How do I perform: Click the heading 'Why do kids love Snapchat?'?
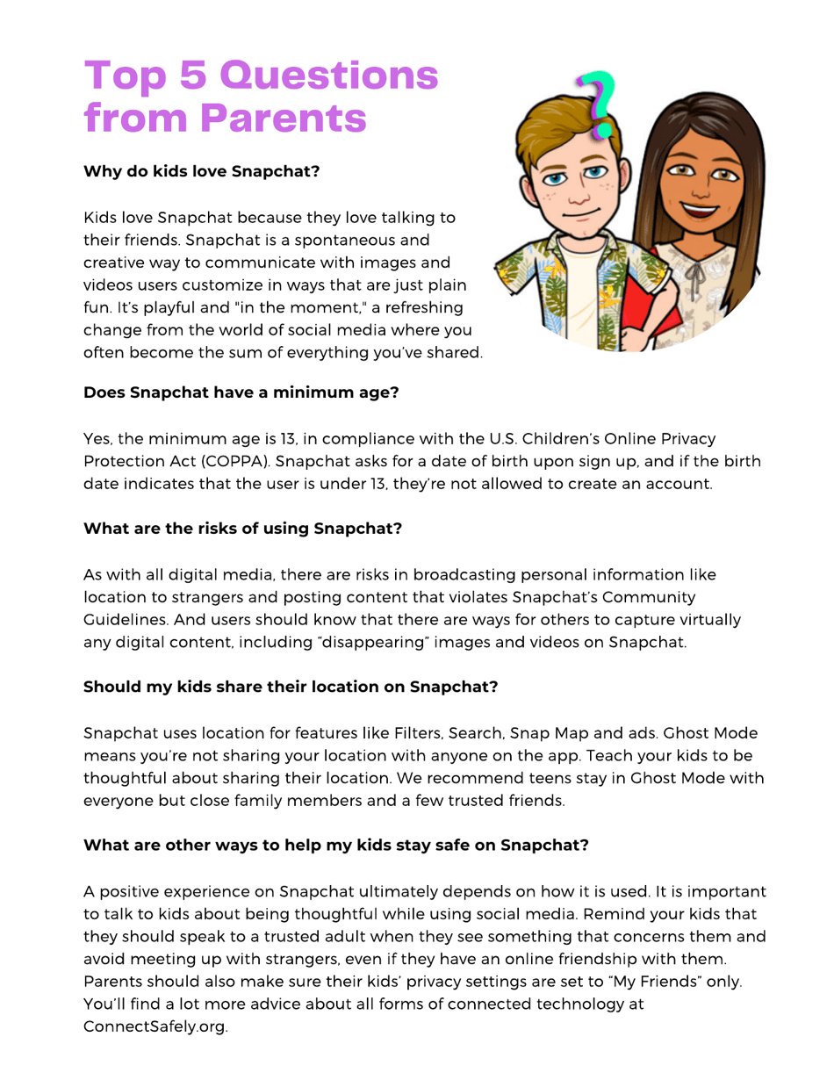click(201, 171)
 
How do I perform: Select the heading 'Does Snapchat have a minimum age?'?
click(241, 392)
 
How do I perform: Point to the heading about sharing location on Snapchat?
click(291, 687)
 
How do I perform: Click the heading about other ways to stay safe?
click(335, 846)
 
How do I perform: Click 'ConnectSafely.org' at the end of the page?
click(155, 1026)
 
